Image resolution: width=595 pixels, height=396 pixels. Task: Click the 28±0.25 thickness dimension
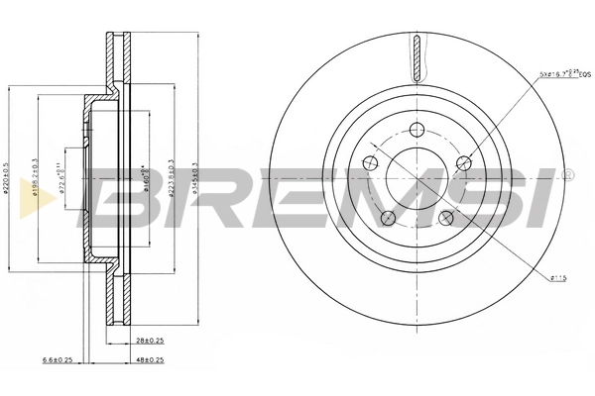(148, 339)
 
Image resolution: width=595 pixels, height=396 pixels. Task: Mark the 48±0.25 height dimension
(148, 359)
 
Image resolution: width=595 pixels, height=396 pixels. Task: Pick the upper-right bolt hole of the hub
(463, 164)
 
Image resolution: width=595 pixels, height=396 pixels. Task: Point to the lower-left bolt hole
(388, 218)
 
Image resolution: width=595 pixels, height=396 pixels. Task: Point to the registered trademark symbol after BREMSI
(566, 174)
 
